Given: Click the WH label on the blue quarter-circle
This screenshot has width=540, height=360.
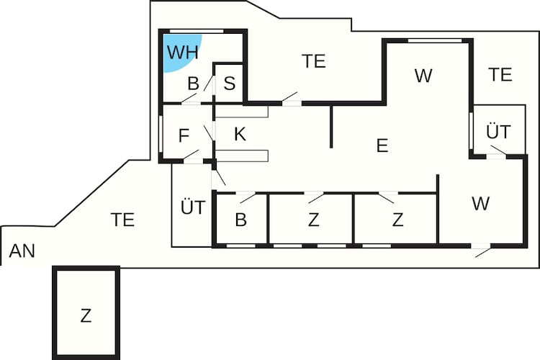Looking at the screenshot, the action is (183, 52).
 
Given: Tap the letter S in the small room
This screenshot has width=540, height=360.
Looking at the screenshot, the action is (230, 83).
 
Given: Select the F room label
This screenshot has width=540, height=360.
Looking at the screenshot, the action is (184, 135).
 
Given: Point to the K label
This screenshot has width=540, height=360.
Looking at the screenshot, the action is (240, 134).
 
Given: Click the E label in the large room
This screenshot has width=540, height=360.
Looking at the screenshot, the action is (382, 145).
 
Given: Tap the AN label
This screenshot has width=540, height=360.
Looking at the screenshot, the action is (22, 251).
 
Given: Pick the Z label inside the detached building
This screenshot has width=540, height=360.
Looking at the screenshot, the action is (86, 315).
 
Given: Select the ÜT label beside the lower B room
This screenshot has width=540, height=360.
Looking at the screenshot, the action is (193, 207).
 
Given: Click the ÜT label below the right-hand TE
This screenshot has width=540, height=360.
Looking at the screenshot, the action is (498, 131).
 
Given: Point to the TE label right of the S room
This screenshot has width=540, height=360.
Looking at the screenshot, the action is (314, 61).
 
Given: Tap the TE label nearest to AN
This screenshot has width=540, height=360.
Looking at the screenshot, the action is (122, 220).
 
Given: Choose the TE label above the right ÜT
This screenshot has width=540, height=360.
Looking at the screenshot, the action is (500, 74).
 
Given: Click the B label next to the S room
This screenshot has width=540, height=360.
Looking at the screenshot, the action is (194, 84).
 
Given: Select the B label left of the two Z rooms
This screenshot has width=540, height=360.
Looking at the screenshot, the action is (241, 220).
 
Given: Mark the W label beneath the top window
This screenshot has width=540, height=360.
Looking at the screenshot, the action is (423, 76).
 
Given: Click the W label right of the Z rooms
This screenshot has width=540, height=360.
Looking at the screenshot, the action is (480, 203).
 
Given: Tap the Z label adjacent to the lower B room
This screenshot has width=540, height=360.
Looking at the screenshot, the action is (313, 220).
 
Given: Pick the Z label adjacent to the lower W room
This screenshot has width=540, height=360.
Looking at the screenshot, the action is (397, 220).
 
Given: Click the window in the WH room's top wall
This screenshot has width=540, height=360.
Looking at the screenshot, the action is (197, 32).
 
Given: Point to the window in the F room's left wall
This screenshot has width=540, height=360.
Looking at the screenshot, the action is (161, 134).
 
